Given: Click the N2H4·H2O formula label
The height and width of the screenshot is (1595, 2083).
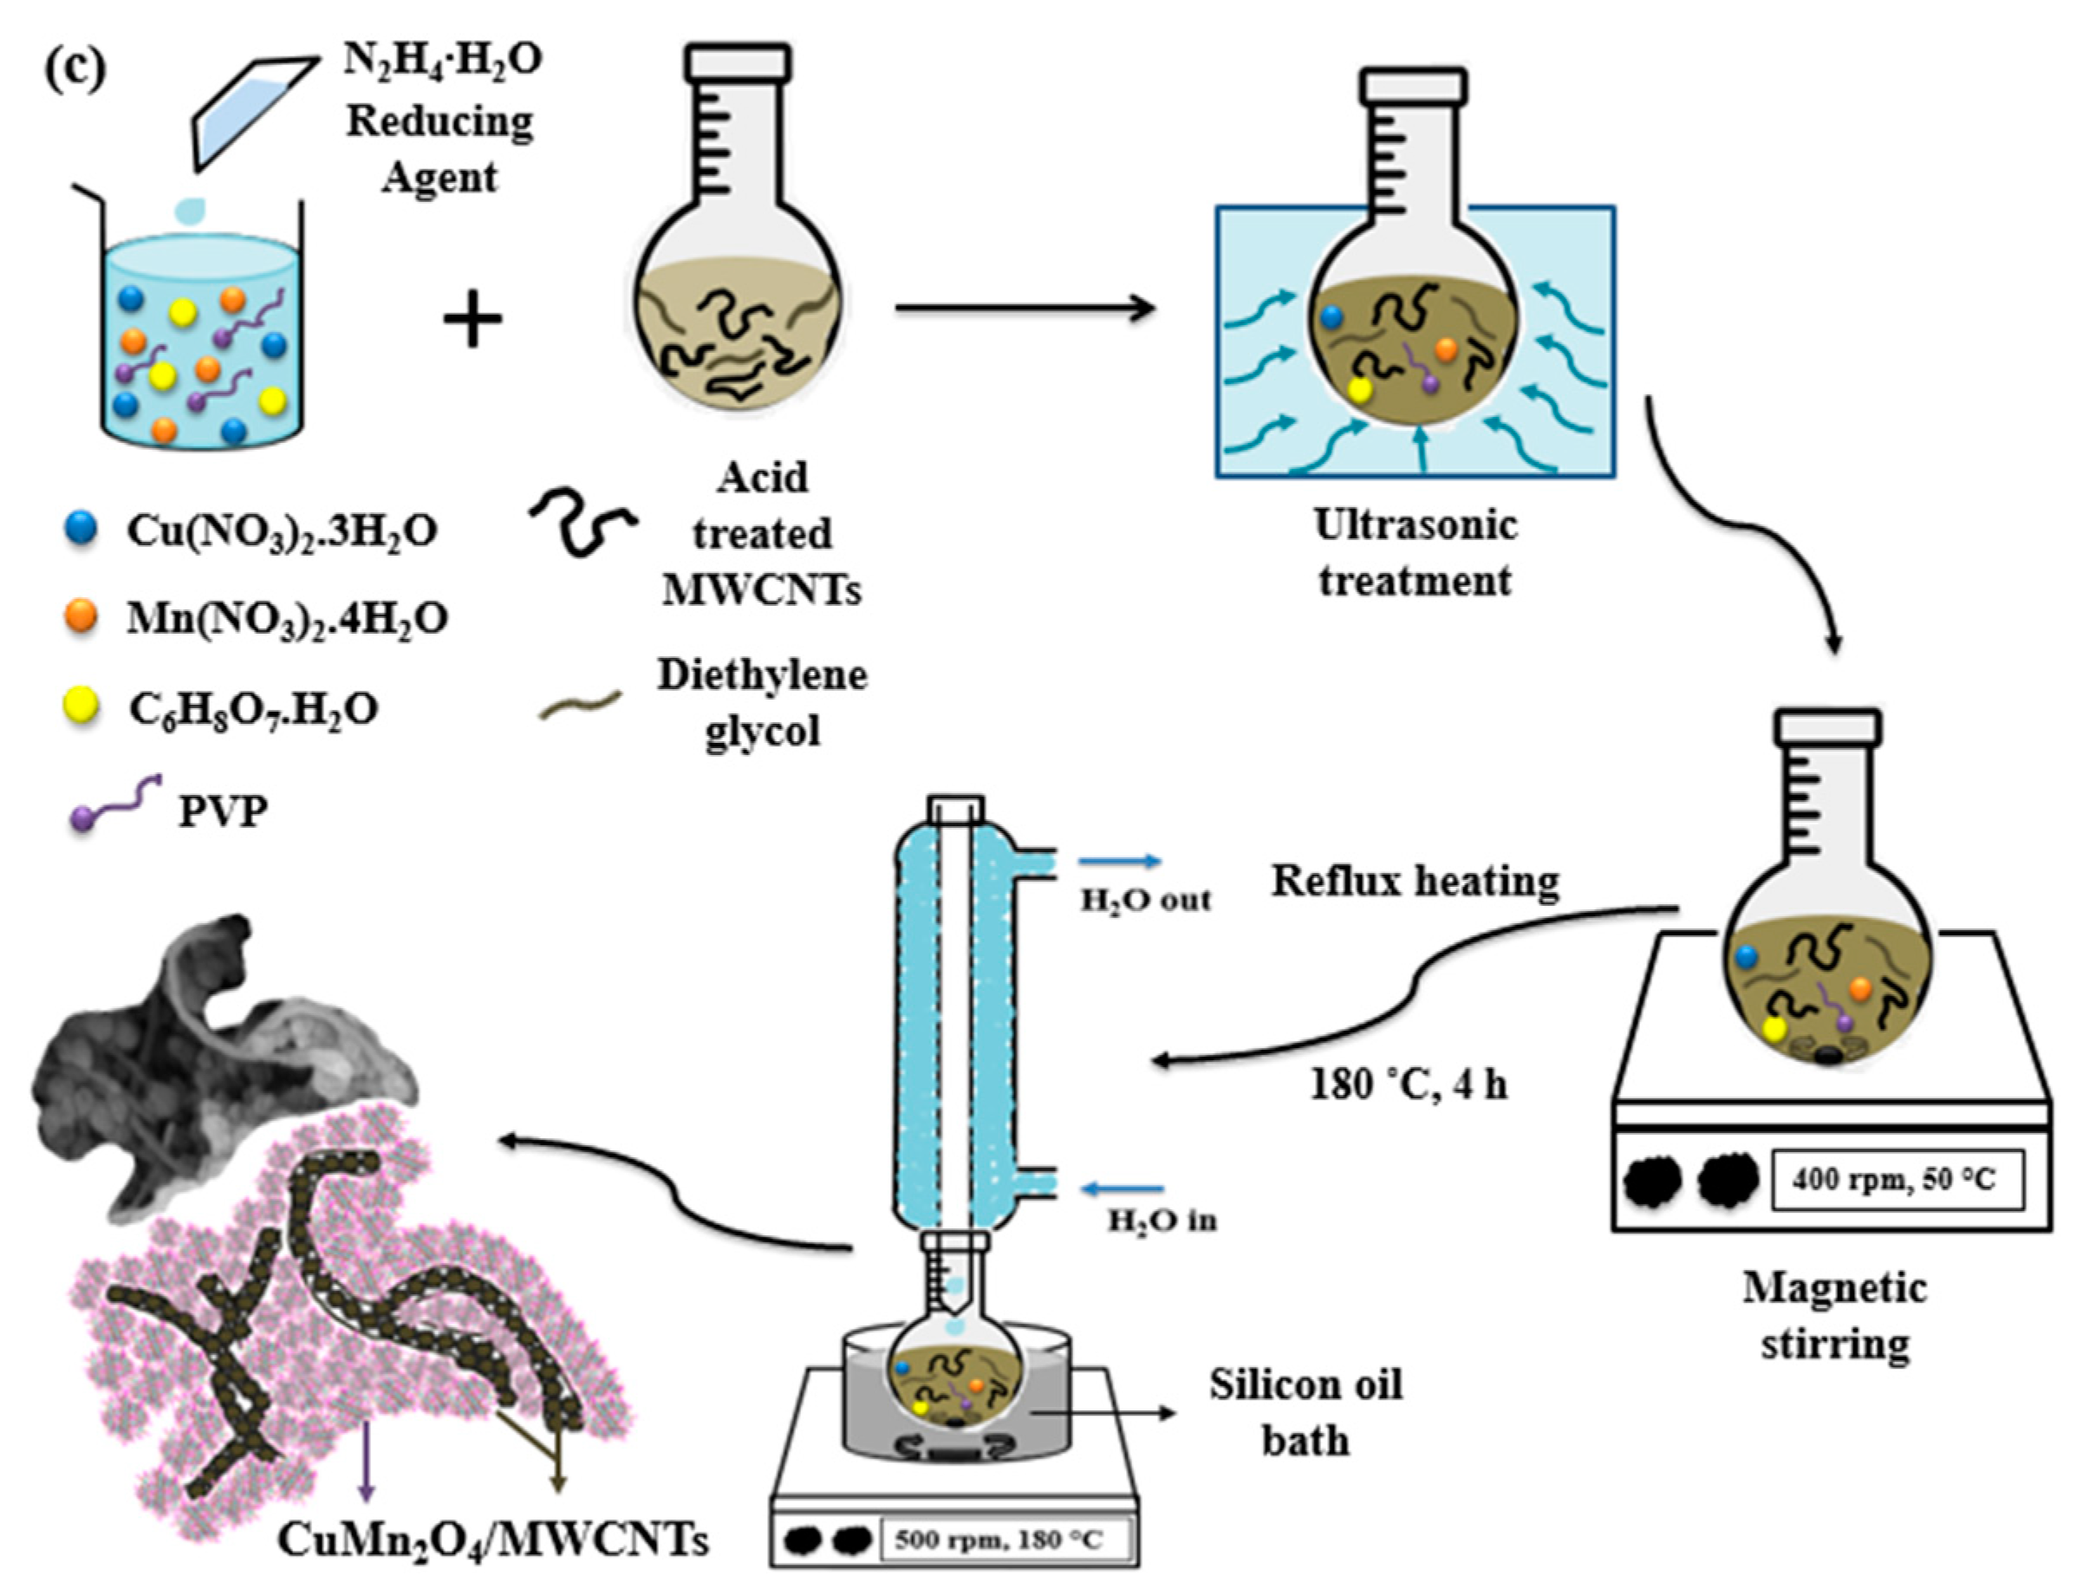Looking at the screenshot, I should point(442,61).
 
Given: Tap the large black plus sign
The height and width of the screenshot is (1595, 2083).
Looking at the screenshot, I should point(472,320).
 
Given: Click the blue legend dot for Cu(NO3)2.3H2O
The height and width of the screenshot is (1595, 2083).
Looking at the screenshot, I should point(81,528).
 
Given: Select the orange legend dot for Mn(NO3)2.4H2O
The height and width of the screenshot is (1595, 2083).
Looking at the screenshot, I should point(81,616).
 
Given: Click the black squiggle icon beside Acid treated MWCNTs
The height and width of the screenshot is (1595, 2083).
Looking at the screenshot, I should point(581,522).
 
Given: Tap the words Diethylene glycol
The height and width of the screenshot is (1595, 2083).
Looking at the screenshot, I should point(761,702).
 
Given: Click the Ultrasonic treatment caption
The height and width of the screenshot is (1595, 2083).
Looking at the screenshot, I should point(1415,552).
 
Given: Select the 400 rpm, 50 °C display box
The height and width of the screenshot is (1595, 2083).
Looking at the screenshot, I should point(1896,1179).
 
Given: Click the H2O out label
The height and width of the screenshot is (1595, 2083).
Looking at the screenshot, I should point(1146,900).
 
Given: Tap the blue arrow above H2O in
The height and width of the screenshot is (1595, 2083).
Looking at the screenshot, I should point(1124,1188).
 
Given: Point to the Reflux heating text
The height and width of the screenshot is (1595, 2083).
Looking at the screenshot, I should point(1415,881).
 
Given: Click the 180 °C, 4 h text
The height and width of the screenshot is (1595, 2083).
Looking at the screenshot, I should point(1409,1084).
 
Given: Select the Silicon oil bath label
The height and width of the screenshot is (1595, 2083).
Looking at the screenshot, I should point(1305,1412).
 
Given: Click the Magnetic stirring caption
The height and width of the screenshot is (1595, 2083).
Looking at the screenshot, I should point(1834,1316).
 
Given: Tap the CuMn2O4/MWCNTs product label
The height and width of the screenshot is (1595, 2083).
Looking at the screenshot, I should point(492,1540).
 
